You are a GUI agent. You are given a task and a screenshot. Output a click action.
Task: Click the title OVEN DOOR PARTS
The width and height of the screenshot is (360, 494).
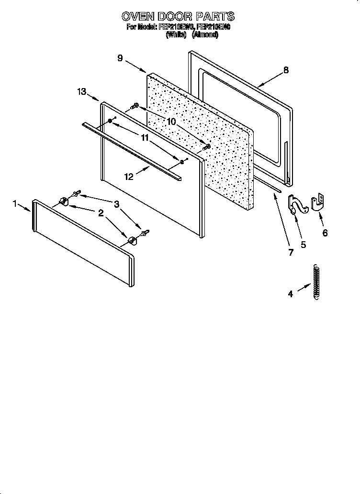coord(178,17)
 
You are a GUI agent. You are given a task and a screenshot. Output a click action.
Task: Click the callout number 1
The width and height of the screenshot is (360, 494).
coord(15,204)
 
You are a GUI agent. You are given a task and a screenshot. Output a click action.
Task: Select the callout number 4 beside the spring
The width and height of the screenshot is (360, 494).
coord(290,294)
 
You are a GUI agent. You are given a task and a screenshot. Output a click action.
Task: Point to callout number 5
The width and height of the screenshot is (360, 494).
coord(303,245)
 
